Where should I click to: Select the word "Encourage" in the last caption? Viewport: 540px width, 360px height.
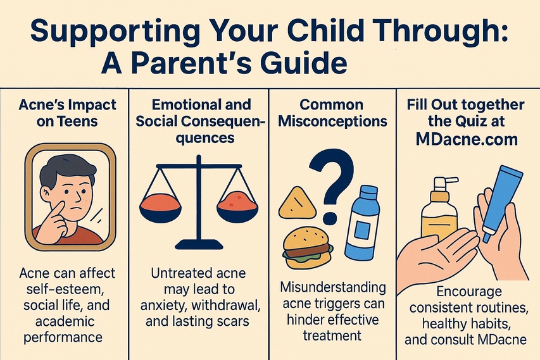pos(468,292)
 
